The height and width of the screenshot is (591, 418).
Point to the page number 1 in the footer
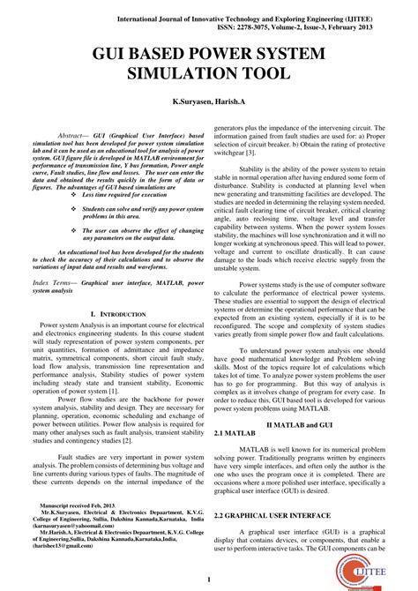pos(209,579)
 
